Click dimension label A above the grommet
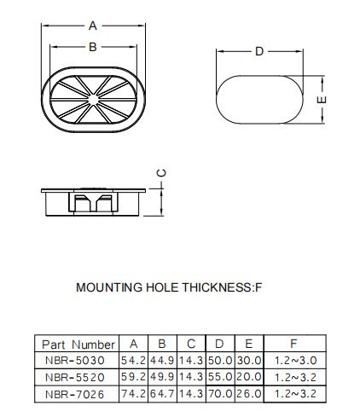pos(93,26)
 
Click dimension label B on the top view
pos(93,47)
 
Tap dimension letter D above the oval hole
pos(259,51)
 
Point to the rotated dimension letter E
pos(322,100)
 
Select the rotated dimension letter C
pos(161,173)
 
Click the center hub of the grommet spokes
pos(93,99)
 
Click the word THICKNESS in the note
pos(217,287)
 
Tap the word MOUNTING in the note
pos(109,287)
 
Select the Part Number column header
pos(78,345)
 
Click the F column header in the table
pos(293,344)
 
